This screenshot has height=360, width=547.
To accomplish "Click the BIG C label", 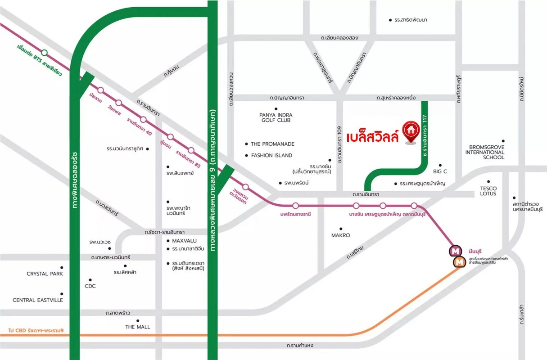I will (440, 172).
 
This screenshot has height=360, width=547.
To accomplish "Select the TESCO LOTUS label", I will (488, 190).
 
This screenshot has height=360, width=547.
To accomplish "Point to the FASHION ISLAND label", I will (271, 155).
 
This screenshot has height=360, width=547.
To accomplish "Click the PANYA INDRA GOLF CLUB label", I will (275, 117).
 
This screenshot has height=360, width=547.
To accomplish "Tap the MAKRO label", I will (340, 235).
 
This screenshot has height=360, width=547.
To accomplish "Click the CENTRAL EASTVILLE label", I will (38, 300).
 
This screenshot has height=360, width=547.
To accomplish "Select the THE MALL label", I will (138, 327).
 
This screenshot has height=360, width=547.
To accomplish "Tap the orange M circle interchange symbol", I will (459, 261).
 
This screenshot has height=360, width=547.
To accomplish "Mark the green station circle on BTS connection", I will (44, 52).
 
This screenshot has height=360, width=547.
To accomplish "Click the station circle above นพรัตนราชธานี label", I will (295, 206).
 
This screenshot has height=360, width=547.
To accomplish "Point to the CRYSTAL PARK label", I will (45, 274).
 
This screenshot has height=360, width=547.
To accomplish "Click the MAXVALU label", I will (184, 241).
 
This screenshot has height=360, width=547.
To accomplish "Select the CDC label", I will (90, 286).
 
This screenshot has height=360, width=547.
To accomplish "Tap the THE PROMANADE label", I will (272, 144).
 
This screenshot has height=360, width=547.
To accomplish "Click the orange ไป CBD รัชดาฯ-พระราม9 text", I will (36, 331).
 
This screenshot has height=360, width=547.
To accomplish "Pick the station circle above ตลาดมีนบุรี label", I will (414, 206).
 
